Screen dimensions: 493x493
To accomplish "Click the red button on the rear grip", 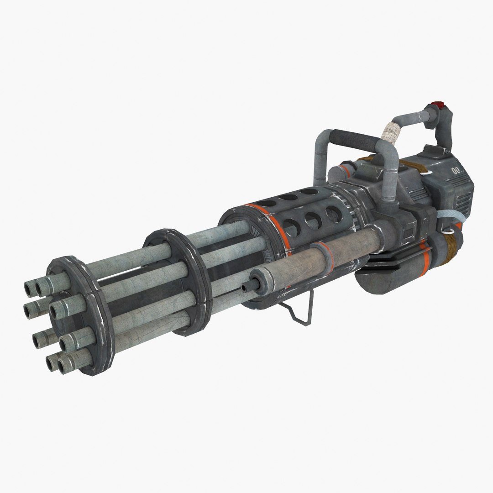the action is pos(436,104).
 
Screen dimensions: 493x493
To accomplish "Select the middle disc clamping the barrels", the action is pos(176,281).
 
